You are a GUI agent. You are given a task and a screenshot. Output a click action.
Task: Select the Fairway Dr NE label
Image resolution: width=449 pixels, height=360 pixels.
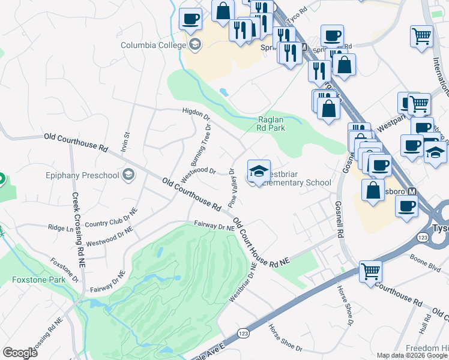[x=214, y=227]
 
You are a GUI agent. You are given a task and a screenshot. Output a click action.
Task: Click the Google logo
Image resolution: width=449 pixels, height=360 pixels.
[x=20, y=352]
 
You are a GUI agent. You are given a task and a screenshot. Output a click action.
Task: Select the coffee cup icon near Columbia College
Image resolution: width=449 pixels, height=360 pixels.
[x=190, y=19]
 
